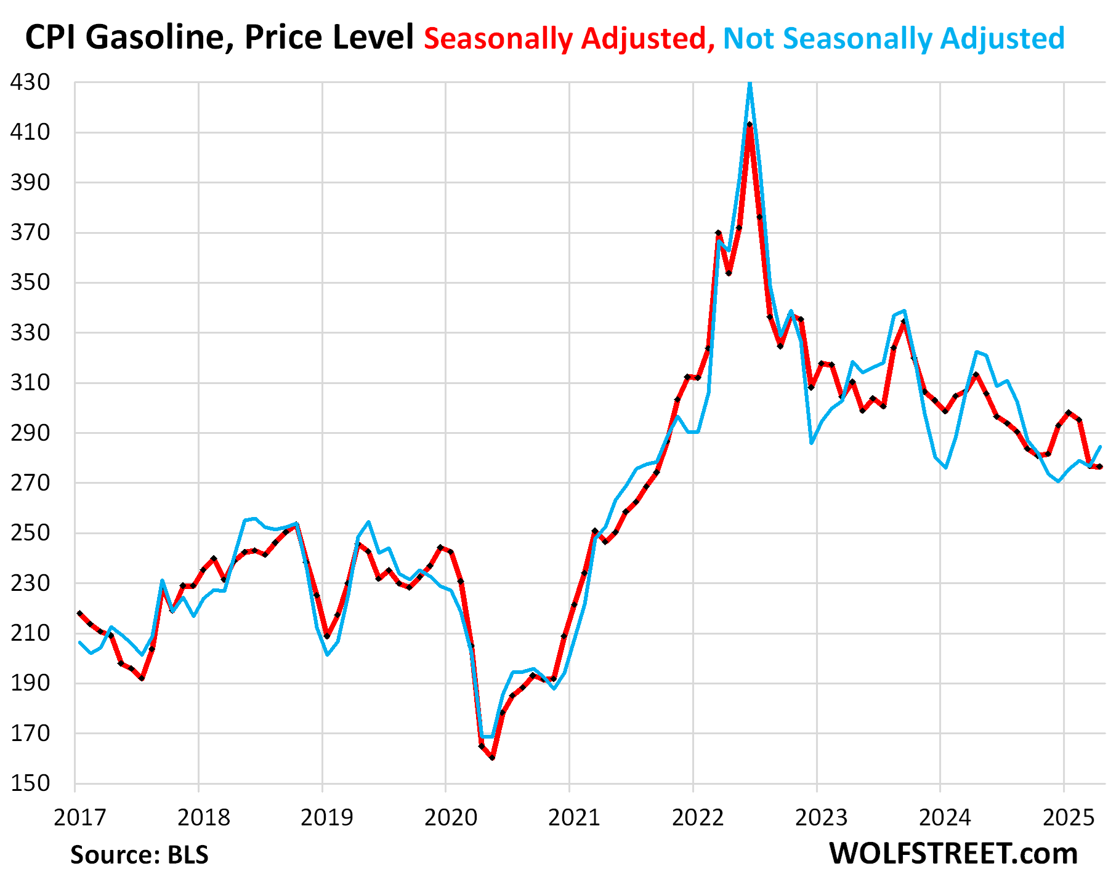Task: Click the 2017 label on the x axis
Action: pyautogui.click(x=80, y=817)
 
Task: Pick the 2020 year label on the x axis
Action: pyautogui.click(x=451, y=817)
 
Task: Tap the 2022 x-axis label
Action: pyautogui.click(x=698, y=817)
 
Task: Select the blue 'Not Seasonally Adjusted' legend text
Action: pyautogui.click(x=894, y=38)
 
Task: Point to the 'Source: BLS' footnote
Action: pyautogui.click(x=139, y=854)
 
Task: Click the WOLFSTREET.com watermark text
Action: pyautogui.click(x=953, y=853)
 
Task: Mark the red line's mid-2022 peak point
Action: pyautogui.click(x=749, y=125)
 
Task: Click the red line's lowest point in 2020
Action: pyautogui.click(x=492, y=758)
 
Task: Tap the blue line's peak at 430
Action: pyautogui.click(x=749, y=82)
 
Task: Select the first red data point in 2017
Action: pyautogui.click(x=80, y=613)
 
